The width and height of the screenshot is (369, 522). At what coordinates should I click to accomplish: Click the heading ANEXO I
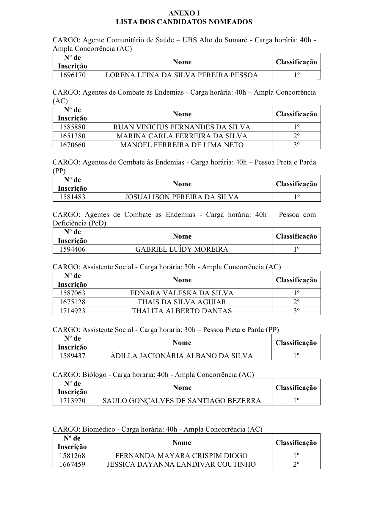click(184, 13)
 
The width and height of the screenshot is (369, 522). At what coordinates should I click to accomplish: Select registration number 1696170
click(72, 75)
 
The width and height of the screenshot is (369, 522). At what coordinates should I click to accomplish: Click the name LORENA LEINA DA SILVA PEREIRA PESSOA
click(182, 75)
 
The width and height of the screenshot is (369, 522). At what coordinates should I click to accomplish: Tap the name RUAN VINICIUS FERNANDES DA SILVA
click(182, 127)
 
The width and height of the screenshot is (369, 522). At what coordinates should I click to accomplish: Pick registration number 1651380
click(72, 136)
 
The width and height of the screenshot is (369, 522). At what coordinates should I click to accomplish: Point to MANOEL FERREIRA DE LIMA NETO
click(182, 145)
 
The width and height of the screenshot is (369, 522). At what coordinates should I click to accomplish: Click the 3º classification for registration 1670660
click(296, 145)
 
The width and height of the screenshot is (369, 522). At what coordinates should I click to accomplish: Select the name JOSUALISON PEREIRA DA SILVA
click(182, 197)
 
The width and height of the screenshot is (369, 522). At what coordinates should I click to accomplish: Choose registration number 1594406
click(72, 249)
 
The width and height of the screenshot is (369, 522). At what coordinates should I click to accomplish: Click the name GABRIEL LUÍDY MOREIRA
click(182, 249)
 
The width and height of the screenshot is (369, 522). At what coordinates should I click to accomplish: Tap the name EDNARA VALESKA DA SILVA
click(182, 293)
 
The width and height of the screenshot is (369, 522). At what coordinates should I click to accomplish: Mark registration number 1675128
click(72, 302)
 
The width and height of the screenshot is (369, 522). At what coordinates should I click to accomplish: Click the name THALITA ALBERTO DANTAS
click(182, 311)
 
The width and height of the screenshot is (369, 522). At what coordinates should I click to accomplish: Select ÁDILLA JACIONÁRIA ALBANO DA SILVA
click(181, 356)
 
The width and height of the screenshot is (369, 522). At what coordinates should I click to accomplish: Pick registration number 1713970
click(72, 401)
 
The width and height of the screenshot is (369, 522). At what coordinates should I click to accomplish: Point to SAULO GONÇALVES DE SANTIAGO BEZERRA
click(182, 401)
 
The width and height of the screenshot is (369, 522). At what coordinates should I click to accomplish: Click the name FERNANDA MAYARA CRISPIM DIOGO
click(181, 456)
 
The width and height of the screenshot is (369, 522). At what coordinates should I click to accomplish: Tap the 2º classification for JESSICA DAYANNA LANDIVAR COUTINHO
click(296, 464)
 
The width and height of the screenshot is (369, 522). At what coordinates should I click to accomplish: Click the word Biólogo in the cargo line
click(94, 374)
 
